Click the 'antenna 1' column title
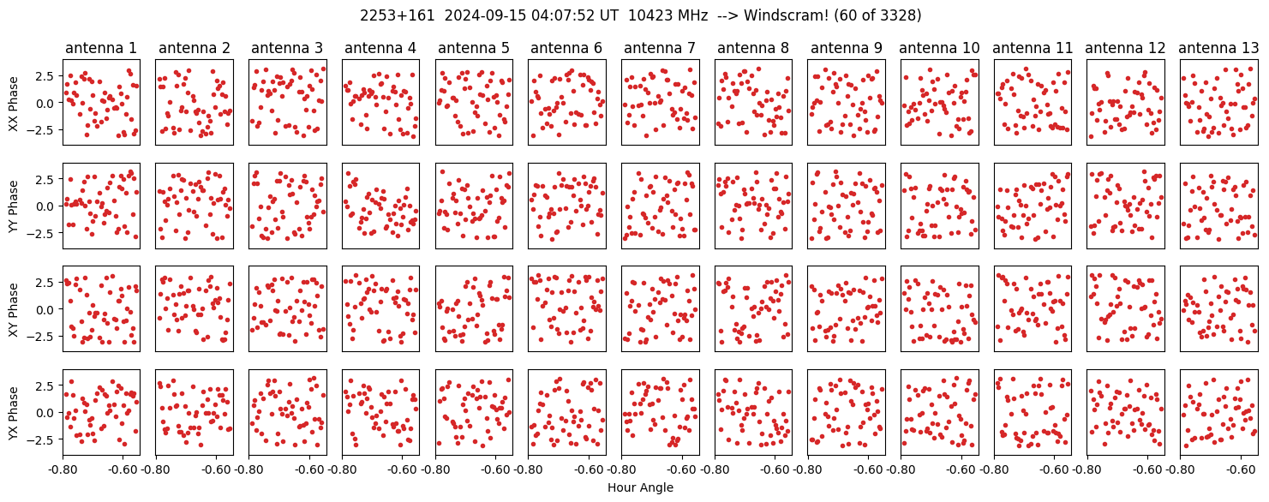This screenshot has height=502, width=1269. click(101, 48)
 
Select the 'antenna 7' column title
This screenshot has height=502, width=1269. click(660, 48)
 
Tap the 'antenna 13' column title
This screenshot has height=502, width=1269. click(1218, 48)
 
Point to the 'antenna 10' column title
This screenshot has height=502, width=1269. click(939, 48)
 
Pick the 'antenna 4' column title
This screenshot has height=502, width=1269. click(380, 48)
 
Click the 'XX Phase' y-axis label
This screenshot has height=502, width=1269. click(13, 103)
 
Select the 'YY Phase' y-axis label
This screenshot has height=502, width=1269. click(13, 206)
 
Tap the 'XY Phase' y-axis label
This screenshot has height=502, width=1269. click(13, 309)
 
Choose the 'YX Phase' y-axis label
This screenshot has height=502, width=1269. click(13, 412)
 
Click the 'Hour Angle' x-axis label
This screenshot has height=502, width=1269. click(640, 487)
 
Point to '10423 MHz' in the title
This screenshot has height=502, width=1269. click(668, 15)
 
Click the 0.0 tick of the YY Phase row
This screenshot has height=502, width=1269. click(48, 206)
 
